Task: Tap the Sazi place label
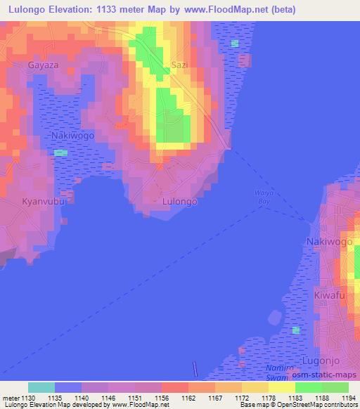pos(180,65)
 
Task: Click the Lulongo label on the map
pos(179,200)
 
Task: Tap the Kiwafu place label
pos(329,295)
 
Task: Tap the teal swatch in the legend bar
pos(41,387)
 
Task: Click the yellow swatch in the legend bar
pos(282,387)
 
